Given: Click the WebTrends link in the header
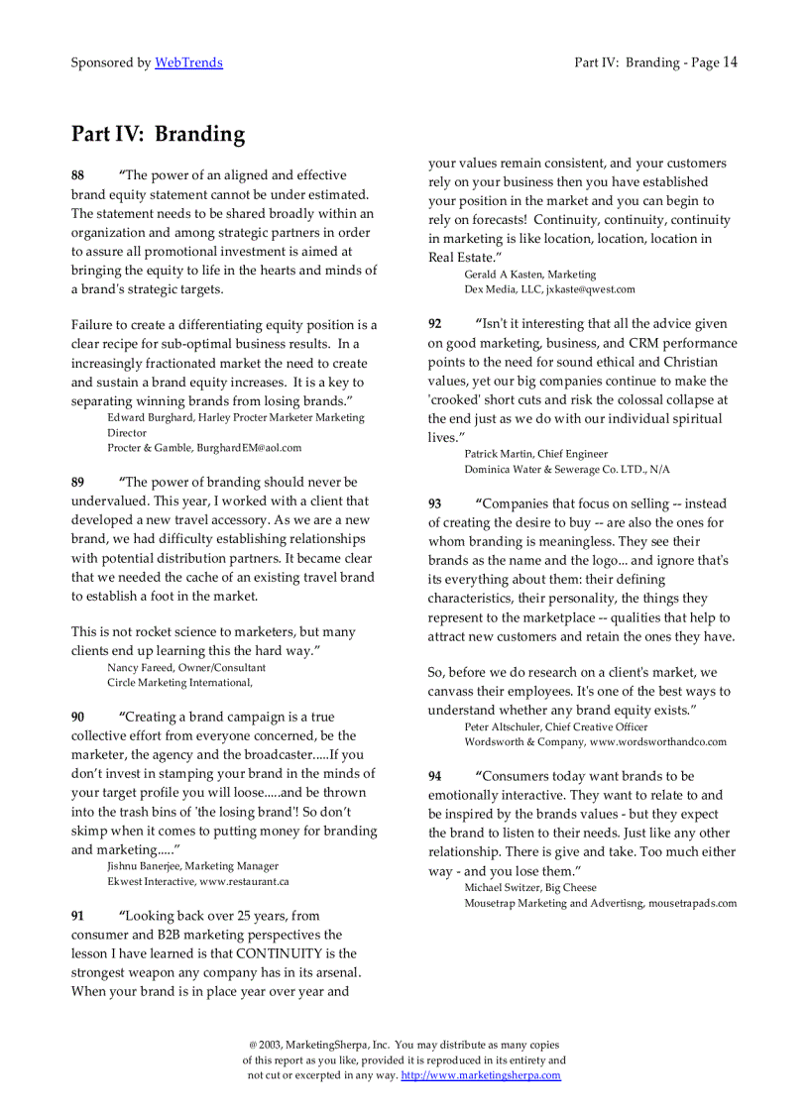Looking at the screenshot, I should tap(188, 62).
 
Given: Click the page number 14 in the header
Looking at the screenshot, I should tap(730, 62).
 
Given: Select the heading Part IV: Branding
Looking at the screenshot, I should tap(158, 134).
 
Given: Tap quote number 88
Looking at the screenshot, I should tap(77, 175).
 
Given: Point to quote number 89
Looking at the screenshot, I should tap(77, 483).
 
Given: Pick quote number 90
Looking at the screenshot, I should tap(77, 718).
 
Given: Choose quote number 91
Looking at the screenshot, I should tap(77, 917).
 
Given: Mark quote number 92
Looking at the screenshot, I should tap(435, 324).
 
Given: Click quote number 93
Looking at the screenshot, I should tap(435, 504).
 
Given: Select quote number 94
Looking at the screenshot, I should tap(435, 777).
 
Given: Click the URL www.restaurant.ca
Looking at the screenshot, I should tap(244, 881).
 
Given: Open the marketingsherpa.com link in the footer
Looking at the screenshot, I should tap(481, 1075).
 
